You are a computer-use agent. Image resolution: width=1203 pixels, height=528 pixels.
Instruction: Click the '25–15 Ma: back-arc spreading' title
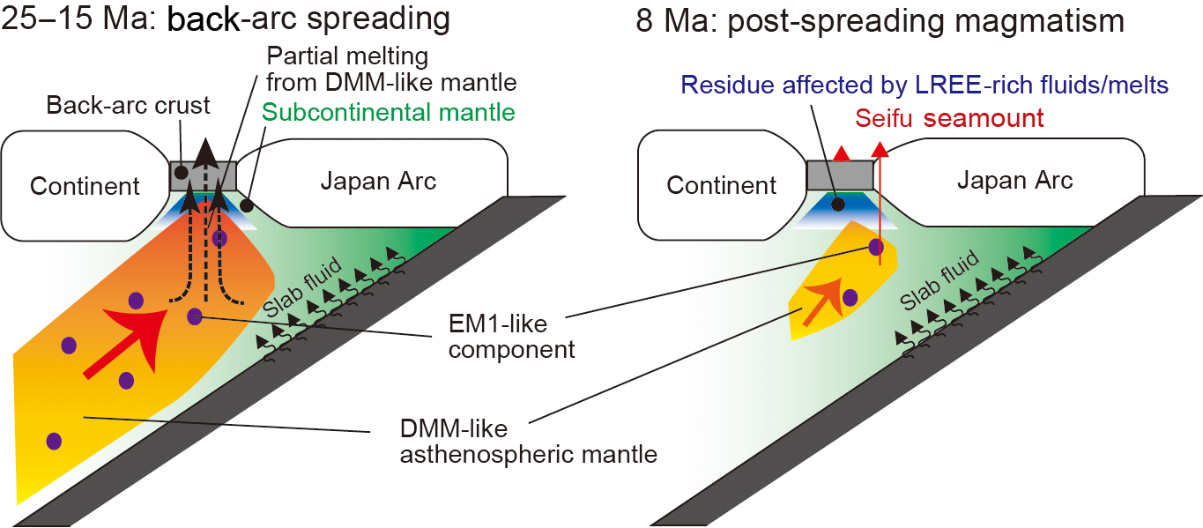click(x=226, y=19)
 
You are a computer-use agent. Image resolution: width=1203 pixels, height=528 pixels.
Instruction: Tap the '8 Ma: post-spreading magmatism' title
click(x=880, y=19)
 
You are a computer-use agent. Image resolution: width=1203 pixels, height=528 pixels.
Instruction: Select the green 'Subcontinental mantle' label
click(x=389, y=113)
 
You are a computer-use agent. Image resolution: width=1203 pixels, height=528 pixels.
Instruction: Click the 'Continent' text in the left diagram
click(x=85, y=186)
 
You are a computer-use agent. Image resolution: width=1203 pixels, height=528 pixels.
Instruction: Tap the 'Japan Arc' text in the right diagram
click(x=1015, y=182)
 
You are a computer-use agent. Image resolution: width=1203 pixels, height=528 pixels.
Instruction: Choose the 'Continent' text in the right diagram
click(x=722, y=186)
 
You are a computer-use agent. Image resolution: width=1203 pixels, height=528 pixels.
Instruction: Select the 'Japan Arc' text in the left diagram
click(x=378, y=182)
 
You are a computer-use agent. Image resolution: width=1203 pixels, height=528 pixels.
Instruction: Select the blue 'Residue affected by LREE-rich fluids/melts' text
click(x=925, y=86)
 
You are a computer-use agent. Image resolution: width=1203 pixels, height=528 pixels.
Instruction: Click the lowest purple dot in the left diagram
click(x=54, y=440)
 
